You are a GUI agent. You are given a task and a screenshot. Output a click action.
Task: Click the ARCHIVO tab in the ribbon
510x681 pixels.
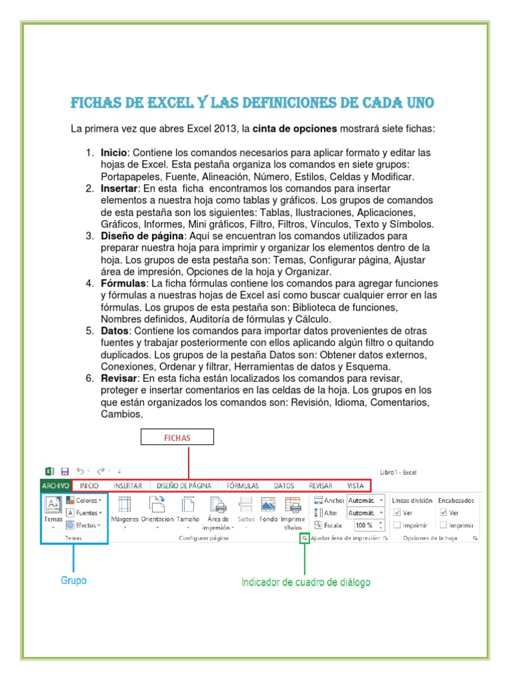coord(56,486)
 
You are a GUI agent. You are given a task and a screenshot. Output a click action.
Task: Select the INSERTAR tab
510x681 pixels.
coord(127,486)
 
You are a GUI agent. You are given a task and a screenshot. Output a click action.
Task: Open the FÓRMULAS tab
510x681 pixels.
coord(242,486)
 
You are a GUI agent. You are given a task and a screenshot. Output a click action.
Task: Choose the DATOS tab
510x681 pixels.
coord(284,486)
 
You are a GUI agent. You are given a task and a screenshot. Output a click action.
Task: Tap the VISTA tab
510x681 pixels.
coord(355,486)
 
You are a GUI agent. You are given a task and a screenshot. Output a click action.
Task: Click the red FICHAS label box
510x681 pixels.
coord(177,438)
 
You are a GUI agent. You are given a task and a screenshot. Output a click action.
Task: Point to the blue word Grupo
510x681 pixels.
coord(74,581)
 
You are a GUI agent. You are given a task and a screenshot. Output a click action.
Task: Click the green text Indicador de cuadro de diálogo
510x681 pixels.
coord(305,582)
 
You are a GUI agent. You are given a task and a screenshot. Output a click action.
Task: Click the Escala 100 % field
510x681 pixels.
coord(366,525)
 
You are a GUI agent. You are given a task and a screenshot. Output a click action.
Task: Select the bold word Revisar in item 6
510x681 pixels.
coord(118,378)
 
